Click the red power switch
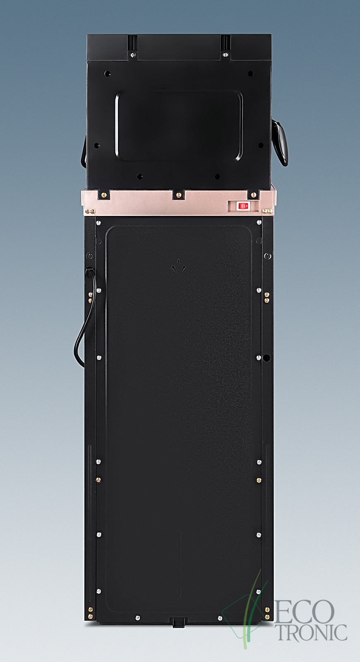[x=243, y=206]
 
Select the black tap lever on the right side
[x=280, y=142]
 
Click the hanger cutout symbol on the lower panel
[x=179, y=266]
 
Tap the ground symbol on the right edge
[x=268, y=256]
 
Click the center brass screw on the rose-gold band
[x=178, y=195]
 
